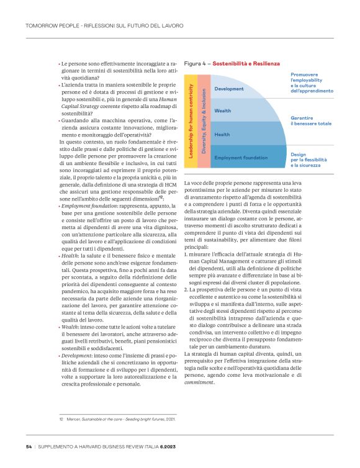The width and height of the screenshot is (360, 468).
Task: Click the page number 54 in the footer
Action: coord(29,446)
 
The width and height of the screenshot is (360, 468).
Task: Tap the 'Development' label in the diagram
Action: coord(228,89)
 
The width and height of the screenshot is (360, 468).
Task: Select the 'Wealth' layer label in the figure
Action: coord(223,110)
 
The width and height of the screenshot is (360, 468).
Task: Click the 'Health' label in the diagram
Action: coord(222,134)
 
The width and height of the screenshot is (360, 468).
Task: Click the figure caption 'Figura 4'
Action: coord(196,63)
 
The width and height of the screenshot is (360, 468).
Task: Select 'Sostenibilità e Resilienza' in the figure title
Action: coord(246,63)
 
